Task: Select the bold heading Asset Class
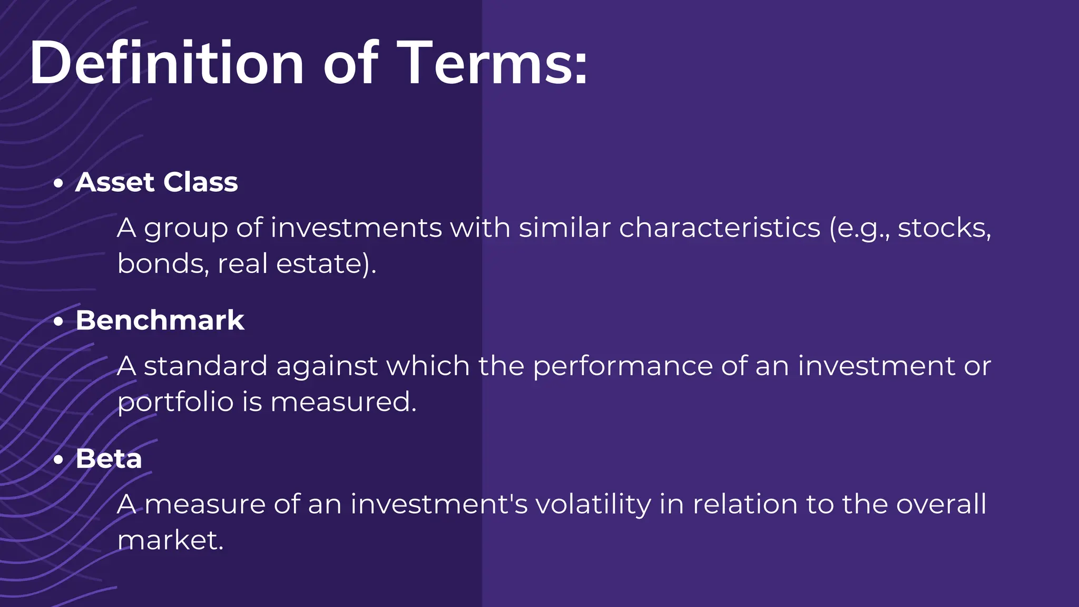[x=156, y=182]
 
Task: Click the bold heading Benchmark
[x=160, y=320]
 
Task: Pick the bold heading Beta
[x=109, y=458]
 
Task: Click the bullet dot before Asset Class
[x=58, y=183]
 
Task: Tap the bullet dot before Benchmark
[x=58, y=321]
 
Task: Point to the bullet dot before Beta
[x=58, y=459]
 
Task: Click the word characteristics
[x=719, y=228]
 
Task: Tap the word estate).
[x=326, y=263]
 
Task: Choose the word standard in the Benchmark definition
[x=205, y=366]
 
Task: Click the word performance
[x=623, y=366]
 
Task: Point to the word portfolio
[x=175, y=403]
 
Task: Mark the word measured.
[x=343, y=402]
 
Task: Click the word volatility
[x=593, y=504]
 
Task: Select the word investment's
[x=439, y=504]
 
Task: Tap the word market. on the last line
[x=170, y=540]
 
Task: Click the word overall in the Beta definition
[x=941, y=504]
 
